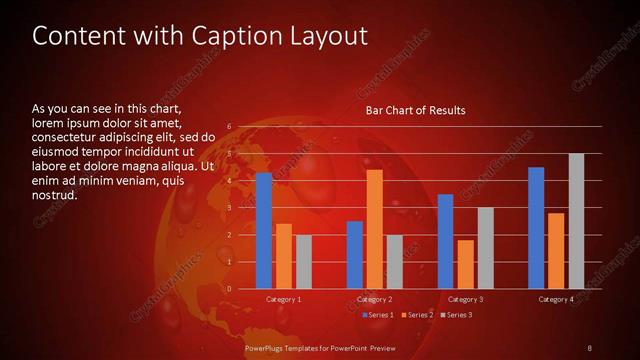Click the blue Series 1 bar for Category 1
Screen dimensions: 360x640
[264, 231]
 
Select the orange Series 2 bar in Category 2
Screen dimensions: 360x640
[374, 229]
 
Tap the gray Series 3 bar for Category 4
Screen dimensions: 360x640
[576, 221]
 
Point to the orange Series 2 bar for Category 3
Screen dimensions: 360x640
[465, 264]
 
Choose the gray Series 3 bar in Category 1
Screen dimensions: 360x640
[303, 262]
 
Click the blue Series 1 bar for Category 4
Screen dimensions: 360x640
[536, 228]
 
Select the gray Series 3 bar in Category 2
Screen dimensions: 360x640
[394, 262]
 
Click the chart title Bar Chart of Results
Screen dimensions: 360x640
[415, 109]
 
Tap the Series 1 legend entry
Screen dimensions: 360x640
[378, 315]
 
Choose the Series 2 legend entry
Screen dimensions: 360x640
[417, 315]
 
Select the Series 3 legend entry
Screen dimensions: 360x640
[456, 315]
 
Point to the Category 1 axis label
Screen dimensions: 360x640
[284, 299]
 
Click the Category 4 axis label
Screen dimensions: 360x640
[556, 299]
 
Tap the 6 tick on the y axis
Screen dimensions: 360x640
[229, 126]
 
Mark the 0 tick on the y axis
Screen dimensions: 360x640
[229, 289]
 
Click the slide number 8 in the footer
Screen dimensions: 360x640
[589, 347]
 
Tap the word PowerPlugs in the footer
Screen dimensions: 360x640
[265, 347]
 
